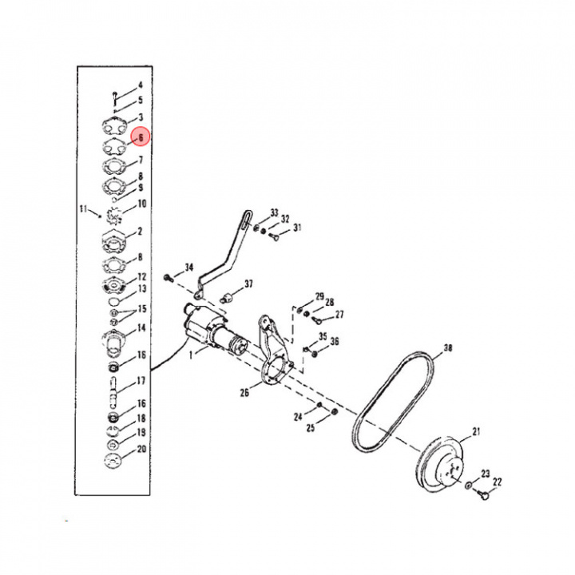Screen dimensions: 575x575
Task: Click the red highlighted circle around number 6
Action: pos(140,137)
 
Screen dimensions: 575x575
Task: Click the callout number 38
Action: pos(447,348)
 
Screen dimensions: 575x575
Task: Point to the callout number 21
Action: pos(477,432)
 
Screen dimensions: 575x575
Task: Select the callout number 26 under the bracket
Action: pos(245,391)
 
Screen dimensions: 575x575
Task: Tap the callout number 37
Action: pos(248,284)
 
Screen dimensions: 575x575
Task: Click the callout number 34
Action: pos(189,266)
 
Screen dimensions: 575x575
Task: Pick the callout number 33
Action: pos(274,213)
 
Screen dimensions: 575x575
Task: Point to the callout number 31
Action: pos(298,228)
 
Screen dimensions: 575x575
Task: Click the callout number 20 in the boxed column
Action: pos(141,449)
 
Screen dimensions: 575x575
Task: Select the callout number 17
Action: pos(141,380)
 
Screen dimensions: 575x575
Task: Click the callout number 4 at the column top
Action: pos(140,85)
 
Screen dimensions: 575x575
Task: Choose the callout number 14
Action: pos(141,327)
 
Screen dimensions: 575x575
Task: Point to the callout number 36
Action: pos(335,341)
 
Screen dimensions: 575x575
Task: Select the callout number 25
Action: pos(310,427)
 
